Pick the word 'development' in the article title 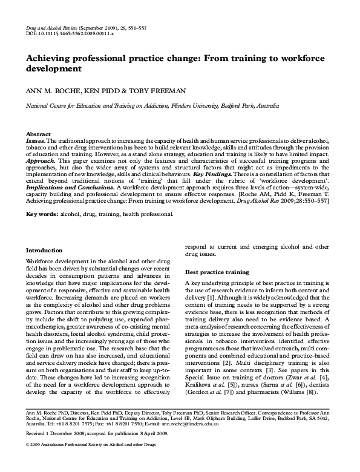pos(53,69)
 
